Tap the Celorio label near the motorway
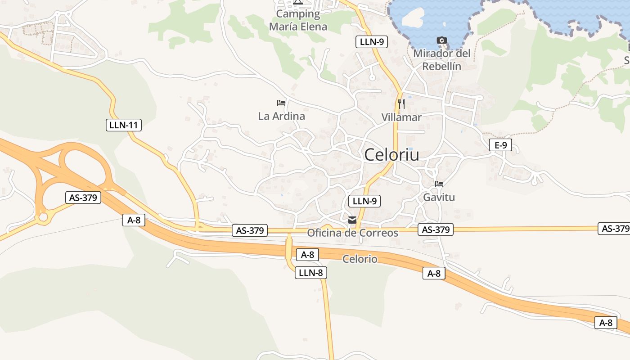360,259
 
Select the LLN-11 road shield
124,125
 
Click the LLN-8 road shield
311,272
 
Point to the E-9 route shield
500,145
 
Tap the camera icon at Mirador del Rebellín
442,40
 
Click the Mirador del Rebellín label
442,60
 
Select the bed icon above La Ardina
281,103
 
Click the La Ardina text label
281,116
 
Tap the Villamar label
401,117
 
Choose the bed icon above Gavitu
439,184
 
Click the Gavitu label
439,197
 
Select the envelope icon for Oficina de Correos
352,220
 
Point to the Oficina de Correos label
352,233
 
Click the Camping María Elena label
298,20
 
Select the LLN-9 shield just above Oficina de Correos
364,201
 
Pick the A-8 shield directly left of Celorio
308,255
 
